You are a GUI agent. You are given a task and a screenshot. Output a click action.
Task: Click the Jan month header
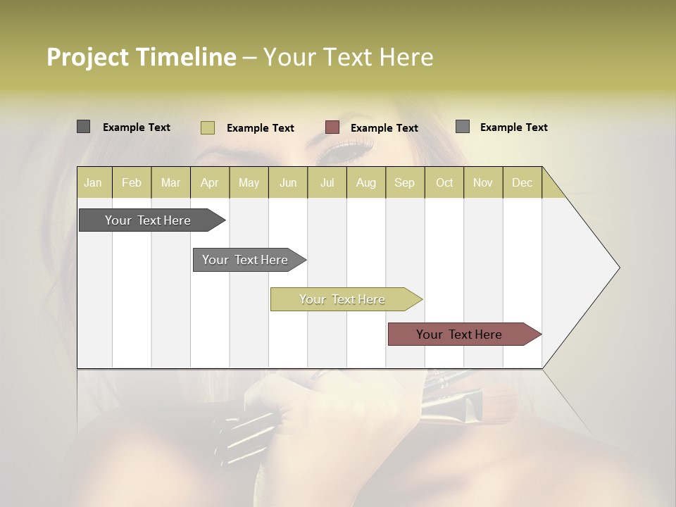click(93, 182)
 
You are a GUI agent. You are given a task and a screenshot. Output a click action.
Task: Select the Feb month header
click(132, 182)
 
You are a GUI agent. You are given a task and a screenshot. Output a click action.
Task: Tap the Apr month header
click(209, 182)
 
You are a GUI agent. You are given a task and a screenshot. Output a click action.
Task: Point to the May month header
click(249, 182)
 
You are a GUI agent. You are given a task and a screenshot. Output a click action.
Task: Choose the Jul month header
click(327, 182)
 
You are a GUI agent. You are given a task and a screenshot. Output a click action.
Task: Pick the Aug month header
click(365, 182)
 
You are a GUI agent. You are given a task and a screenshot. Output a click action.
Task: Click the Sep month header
click(404, 182)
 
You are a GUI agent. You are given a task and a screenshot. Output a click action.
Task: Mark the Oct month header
click(444, 182)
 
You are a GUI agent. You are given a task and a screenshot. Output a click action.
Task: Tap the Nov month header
click(482, 182)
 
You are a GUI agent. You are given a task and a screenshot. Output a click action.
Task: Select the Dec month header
click(522, 182)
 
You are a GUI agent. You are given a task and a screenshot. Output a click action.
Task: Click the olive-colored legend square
click(208, 127)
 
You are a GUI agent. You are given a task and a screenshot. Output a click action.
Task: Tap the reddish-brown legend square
click(332, 127)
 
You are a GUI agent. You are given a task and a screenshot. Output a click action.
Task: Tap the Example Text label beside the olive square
click(260, 128)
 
